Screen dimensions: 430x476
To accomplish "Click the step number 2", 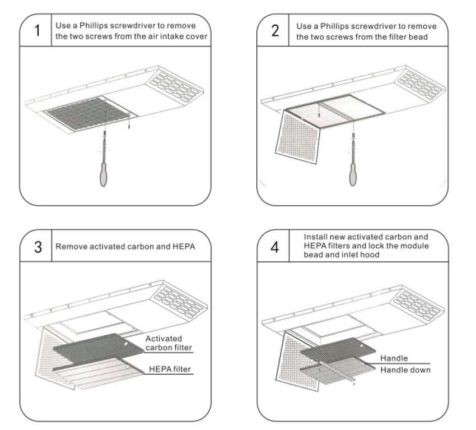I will point(275,30).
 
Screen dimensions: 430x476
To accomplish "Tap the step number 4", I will point(275,247).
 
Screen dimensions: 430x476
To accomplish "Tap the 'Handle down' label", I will point(405,370).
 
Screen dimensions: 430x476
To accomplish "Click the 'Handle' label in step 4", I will point(394,358).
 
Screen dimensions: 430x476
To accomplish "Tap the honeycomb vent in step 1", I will point(173,87).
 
